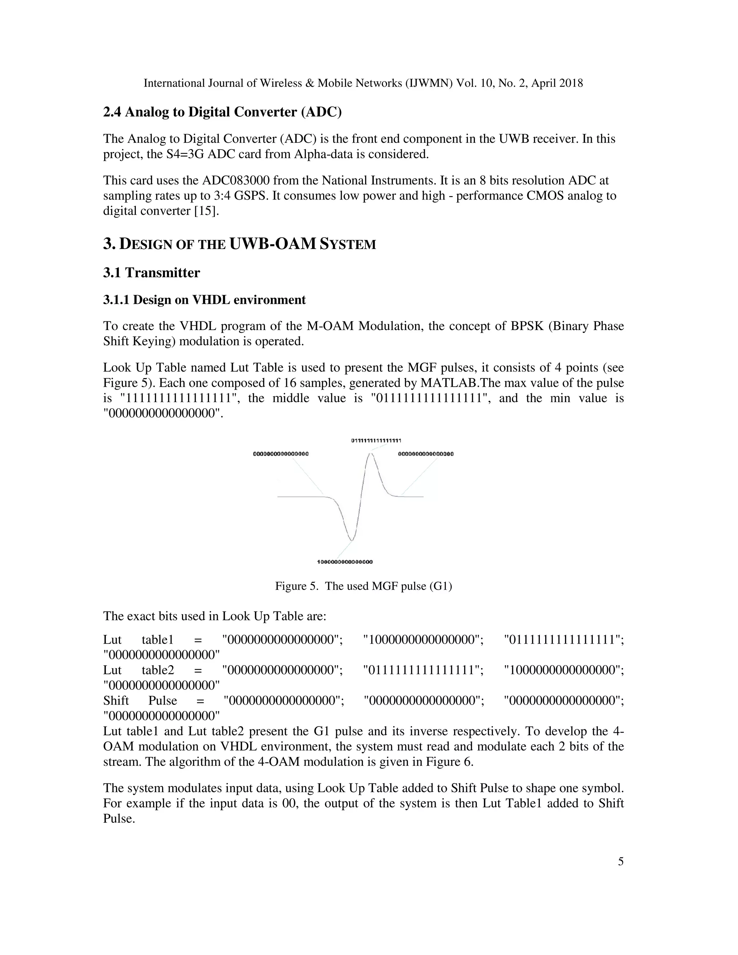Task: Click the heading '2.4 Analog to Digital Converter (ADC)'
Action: (222, 112)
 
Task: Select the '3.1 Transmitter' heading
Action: (151, 273)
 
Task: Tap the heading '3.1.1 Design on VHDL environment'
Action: (204, 300)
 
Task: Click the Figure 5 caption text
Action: (363, 586)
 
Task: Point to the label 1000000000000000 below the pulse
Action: (345, 561)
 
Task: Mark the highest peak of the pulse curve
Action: (370, 454)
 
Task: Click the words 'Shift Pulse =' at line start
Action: (154, 701)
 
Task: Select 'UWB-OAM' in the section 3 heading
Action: (272, 244)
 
